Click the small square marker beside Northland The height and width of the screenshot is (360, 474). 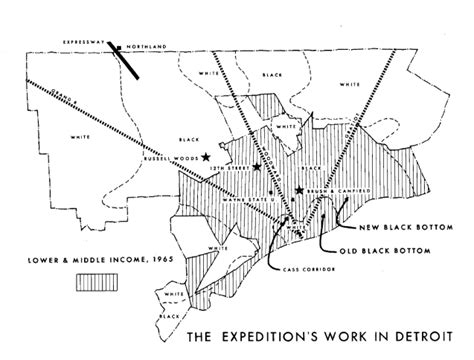pos(119,46)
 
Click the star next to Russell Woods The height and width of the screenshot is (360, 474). pos(205,157)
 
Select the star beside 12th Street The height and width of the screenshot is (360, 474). pos(258,167)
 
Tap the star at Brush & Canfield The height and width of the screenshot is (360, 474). pos(298,190)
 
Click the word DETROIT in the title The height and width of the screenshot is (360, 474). pos(418,335)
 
